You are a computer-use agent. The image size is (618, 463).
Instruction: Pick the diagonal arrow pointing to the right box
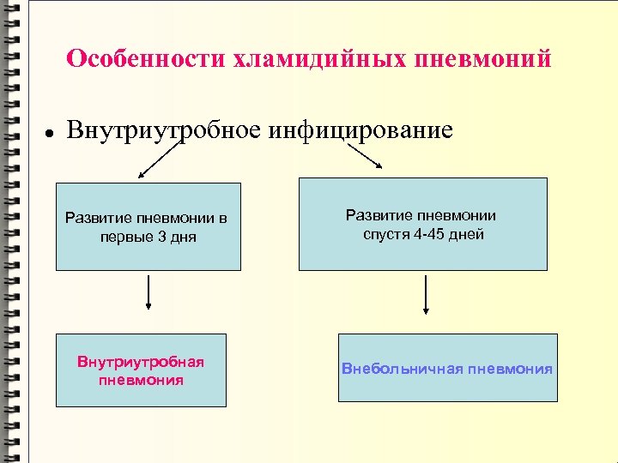[x=364, y=155]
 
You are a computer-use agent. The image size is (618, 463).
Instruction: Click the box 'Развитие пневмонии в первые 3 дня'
[x=148, y=226]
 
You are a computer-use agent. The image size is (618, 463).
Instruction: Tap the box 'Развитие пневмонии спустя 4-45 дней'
[x=422, y=224]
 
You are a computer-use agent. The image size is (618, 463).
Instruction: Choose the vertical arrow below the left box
[x=150, y=292]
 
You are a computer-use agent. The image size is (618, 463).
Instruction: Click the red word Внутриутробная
[x=141, y=362]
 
